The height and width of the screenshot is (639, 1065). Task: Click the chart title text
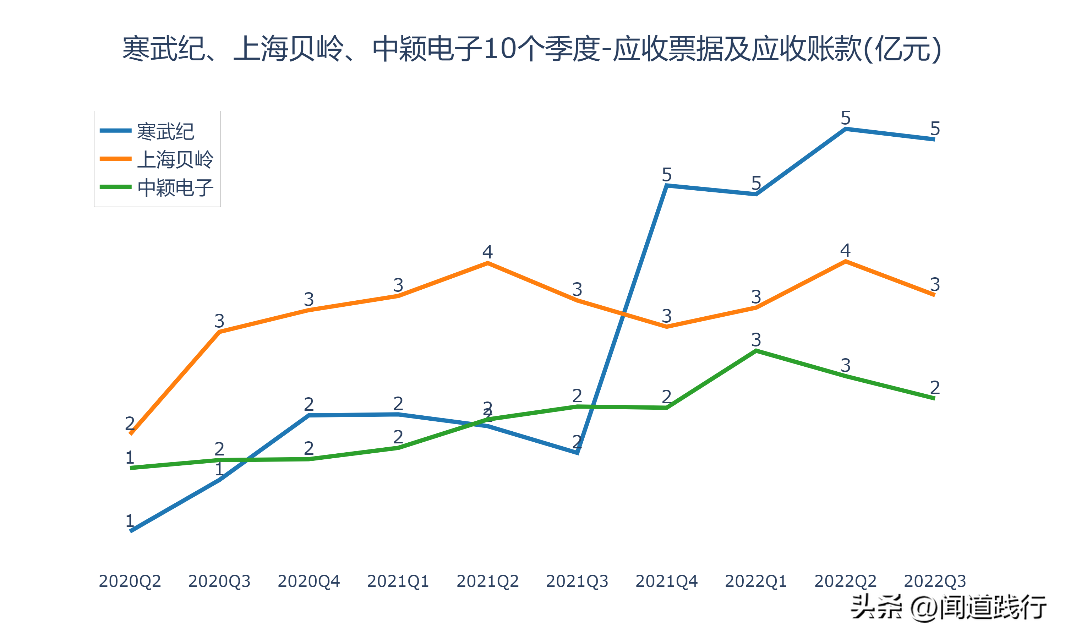pos(532,49)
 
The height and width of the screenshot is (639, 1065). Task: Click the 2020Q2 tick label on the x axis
pos(130,581)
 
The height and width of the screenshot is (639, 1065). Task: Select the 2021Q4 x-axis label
pos(666,581)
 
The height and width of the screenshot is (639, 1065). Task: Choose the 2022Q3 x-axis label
pos(935,581)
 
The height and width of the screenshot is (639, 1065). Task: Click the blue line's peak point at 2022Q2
pos(846,129)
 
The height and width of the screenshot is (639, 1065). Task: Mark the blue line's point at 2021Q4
pos(666,186)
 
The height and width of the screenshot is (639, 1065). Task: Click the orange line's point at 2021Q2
pos(487,263)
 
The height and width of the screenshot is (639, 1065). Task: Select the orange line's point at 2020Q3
pos(219,332)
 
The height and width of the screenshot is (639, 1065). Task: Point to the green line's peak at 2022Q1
pos(756,351)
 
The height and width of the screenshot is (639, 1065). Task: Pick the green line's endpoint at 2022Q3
pos(934,398)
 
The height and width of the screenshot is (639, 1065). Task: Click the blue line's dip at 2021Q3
pos(577,453)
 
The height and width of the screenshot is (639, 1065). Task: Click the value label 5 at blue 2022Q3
pos(935,128)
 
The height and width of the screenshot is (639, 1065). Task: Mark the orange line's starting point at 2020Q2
pos(131,433)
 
